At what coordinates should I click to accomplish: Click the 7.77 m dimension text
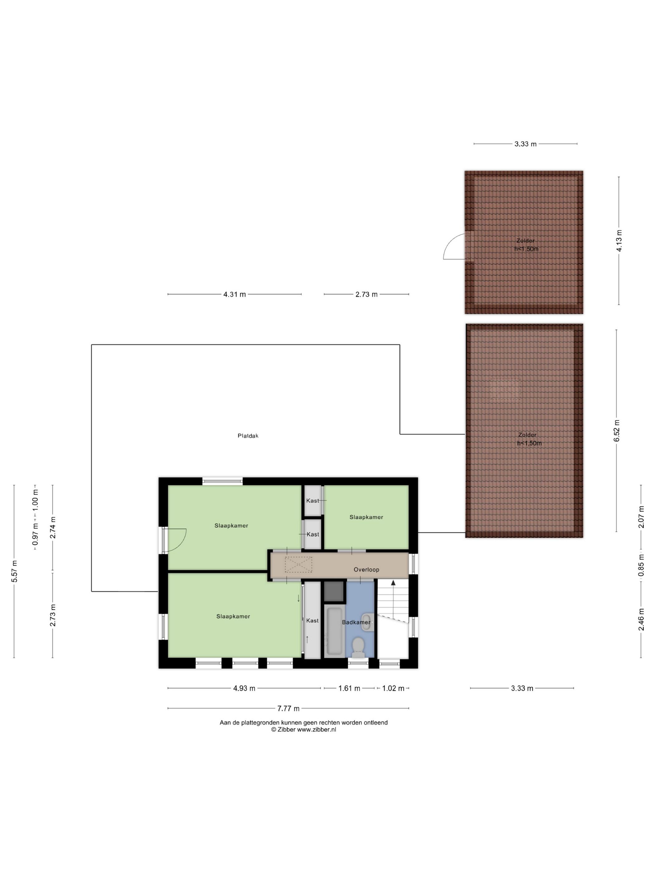[x=285, y=701]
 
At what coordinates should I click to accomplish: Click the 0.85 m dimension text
[x=634, y=558]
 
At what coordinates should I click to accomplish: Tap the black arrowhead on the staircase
[x=388, y=576]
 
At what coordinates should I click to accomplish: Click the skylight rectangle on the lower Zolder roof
[x=499, y=385]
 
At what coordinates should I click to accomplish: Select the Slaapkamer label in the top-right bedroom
[x=361, y=511]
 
